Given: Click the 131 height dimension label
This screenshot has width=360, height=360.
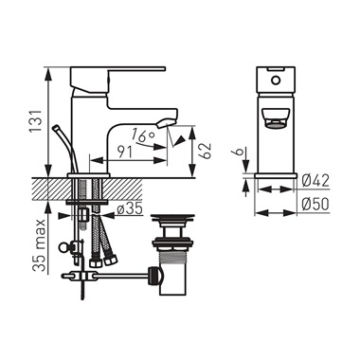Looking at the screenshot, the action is click(36, 121).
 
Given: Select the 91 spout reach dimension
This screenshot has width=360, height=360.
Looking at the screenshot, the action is click(125, 153).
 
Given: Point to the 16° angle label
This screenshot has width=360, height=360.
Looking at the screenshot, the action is click(143, 135).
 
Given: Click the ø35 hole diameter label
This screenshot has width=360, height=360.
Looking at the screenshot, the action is click(130, 208).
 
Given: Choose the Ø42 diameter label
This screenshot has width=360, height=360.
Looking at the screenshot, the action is click(315, 181).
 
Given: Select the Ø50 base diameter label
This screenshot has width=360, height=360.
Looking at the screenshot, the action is click(315, 205).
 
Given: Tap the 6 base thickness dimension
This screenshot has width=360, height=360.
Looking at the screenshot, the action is click(241, 152).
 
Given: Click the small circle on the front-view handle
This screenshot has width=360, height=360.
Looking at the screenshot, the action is click(276, 81).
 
